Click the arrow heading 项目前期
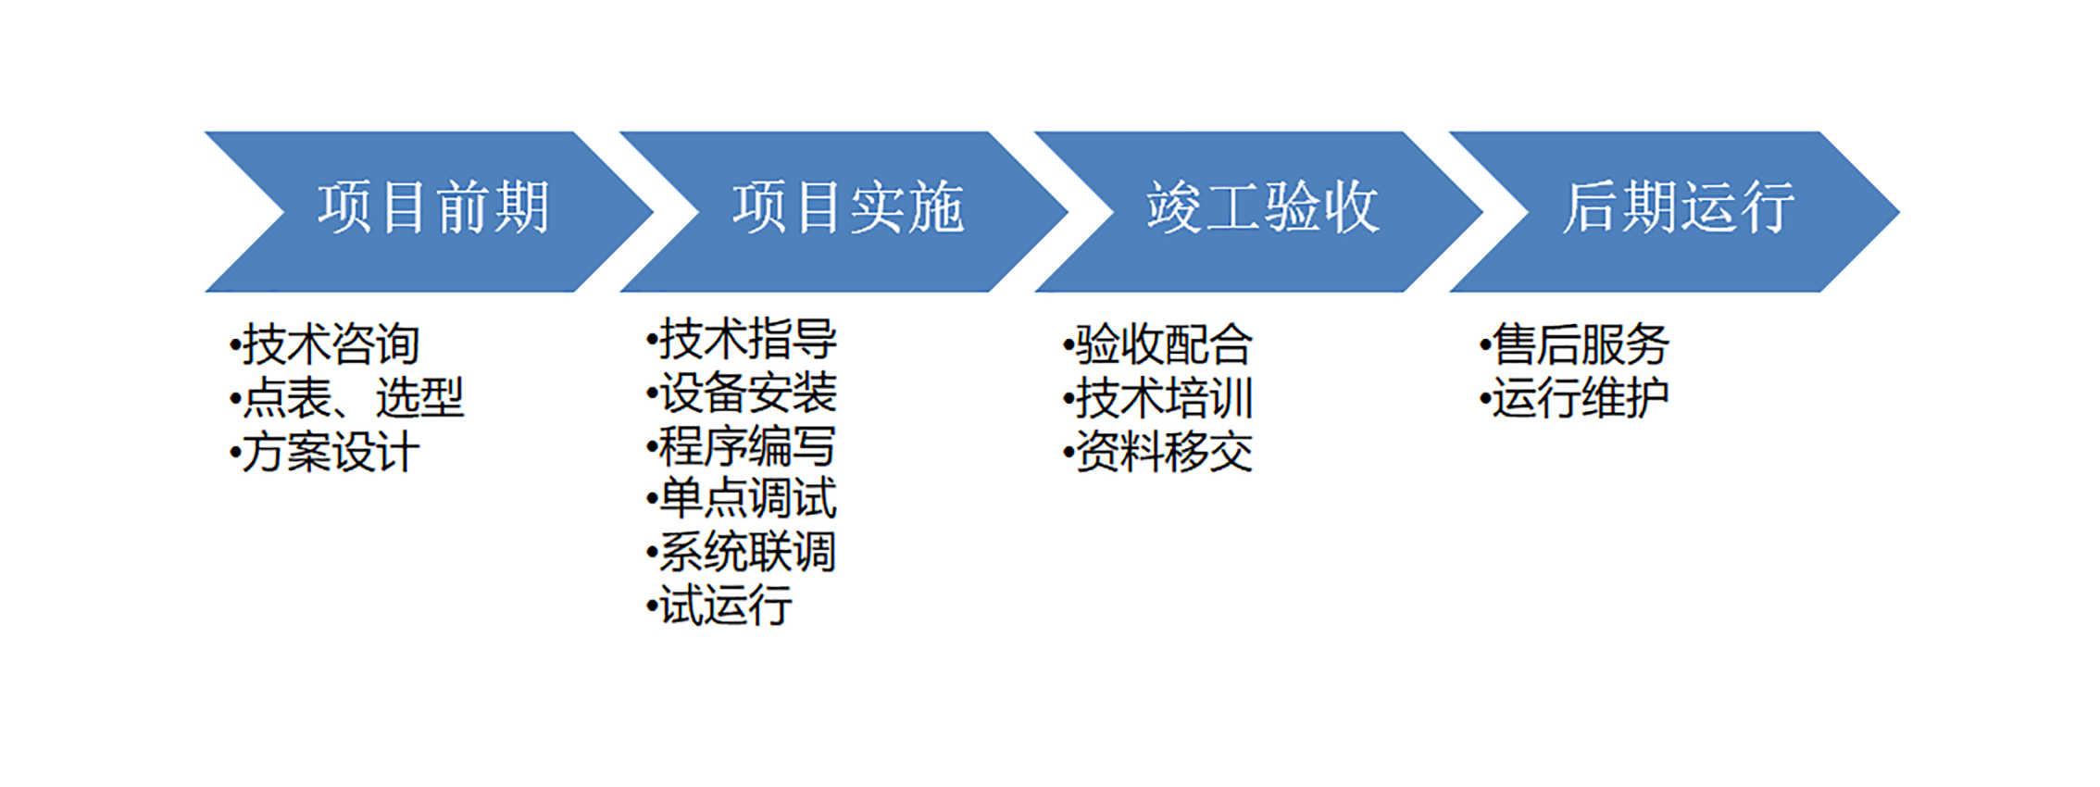[x=434, y=207]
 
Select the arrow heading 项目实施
[x=849, y=207]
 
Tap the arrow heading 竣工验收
[x=1263, y=207]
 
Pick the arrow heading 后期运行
[x=1679, y=207]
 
